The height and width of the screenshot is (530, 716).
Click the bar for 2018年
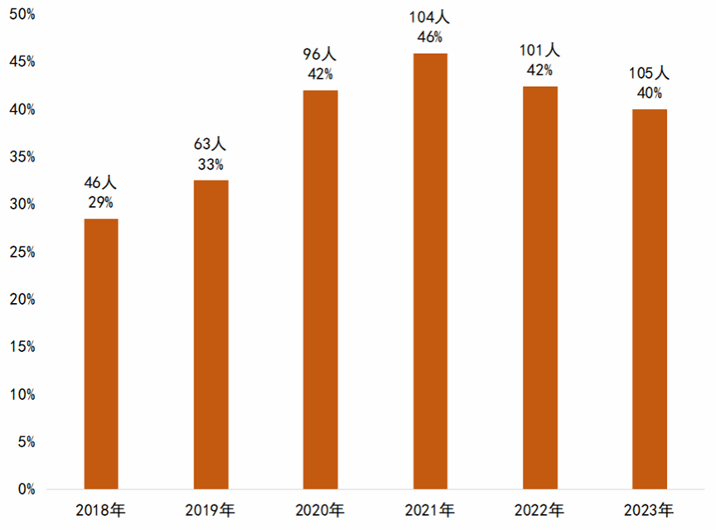(x=101, y=354)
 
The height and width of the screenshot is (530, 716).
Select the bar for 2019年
(x=210, y=335)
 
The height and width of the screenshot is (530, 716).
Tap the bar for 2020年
(x=320, y=290)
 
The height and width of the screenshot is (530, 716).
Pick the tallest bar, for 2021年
(x=430, y=271)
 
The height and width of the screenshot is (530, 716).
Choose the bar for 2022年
(x=539, y=287)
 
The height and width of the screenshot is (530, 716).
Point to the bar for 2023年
(x=650, y=299)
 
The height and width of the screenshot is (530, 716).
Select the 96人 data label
(x=320, y=55)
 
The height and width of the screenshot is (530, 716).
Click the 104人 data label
(x=430, y=17)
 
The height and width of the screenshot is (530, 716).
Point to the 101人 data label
(x=539, y=51)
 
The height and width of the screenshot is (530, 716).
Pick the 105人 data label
(x=650, y=75)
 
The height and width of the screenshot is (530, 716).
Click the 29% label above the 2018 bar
(x=101, y=203)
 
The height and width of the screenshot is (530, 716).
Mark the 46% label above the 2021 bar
(x=430, y=36)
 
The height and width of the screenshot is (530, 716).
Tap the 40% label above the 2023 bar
(x=650, y=93)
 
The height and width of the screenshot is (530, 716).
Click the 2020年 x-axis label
(x=320, y=510)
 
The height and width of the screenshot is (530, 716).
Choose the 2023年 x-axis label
(x=650, y=510)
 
